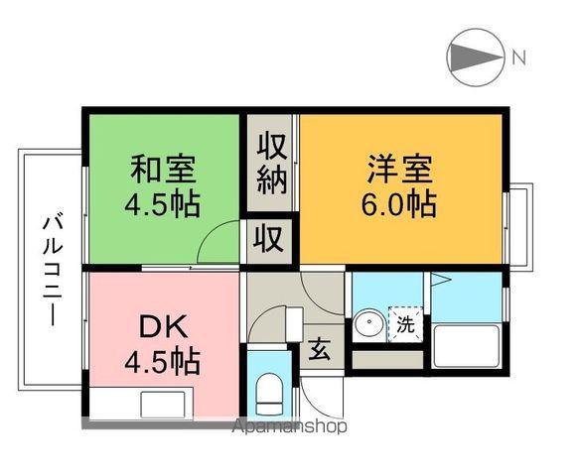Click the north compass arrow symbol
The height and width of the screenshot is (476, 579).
click(474, 57)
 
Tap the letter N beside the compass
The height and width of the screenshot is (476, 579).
click(518, 57)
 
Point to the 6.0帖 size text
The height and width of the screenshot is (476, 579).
click(398, 204)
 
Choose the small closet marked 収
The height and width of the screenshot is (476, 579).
click(270, 238)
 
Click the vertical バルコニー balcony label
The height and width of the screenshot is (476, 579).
click(50, 268)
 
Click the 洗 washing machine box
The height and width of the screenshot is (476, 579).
click(404, 324)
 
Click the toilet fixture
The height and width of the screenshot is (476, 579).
click(268, 392)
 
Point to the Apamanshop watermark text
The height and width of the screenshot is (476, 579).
click(290, 427)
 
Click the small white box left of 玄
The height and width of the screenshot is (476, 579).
click(293, 323)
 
